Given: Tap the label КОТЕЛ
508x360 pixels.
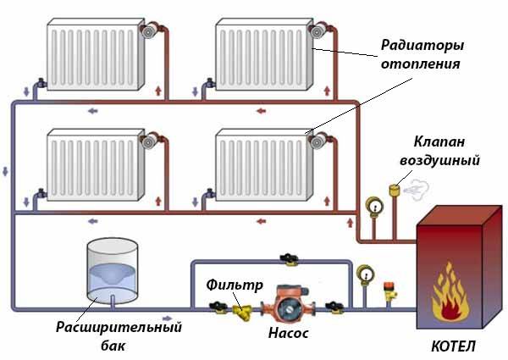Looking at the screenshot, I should [x=452, y=346].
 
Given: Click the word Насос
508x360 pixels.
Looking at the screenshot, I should [x=288, y=333].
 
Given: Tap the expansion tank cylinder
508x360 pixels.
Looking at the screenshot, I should [x=112, y=271].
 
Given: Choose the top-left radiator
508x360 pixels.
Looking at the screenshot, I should [x=93, y=55].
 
